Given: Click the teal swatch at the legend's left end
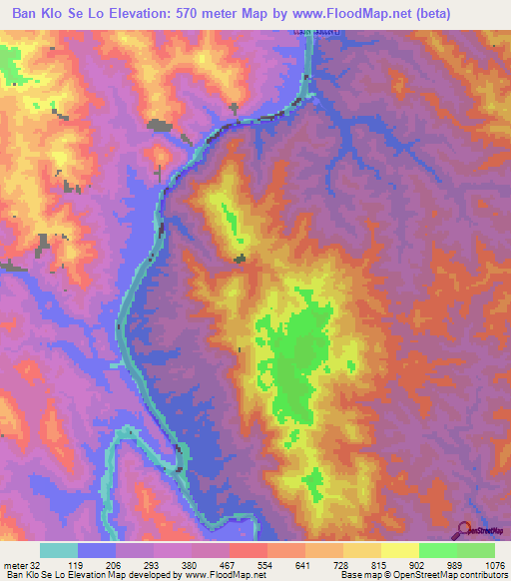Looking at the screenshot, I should click(x=59, y=550).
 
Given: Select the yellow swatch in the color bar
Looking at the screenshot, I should click(x=399, y=550).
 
